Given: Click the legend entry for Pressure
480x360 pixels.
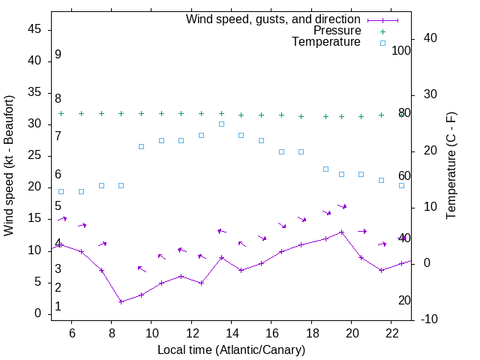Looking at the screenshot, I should tap(337, 31).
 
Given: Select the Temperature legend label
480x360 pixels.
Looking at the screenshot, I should tap(326, 42).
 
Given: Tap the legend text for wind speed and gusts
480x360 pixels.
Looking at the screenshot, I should tap(274, 19).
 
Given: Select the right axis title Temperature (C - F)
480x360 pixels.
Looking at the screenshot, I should tap(451, 165).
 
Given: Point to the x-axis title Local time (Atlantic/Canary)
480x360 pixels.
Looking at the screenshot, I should tap(231, 349).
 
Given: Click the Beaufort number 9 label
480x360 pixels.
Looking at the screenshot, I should tap(58, 55).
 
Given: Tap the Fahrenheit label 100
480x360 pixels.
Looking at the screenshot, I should tap(401, 50).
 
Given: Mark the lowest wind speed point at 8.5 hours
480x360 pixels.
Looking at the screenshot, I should tap(121, 301).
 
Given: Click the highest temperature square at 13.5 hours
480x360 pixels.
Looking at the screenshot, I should tap(221, 124).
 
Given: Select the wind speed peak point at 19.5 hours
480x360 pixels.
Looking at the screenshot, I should tap(341, 232).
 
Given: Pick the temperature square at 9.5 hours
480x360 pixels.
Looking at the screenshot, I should tap(141, 146).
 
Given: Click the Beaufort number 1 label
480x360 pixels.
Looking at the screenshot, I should tap(58, 307).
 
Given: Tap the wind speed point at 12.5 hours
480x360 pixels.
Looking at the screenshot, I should tap(201, 283).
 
